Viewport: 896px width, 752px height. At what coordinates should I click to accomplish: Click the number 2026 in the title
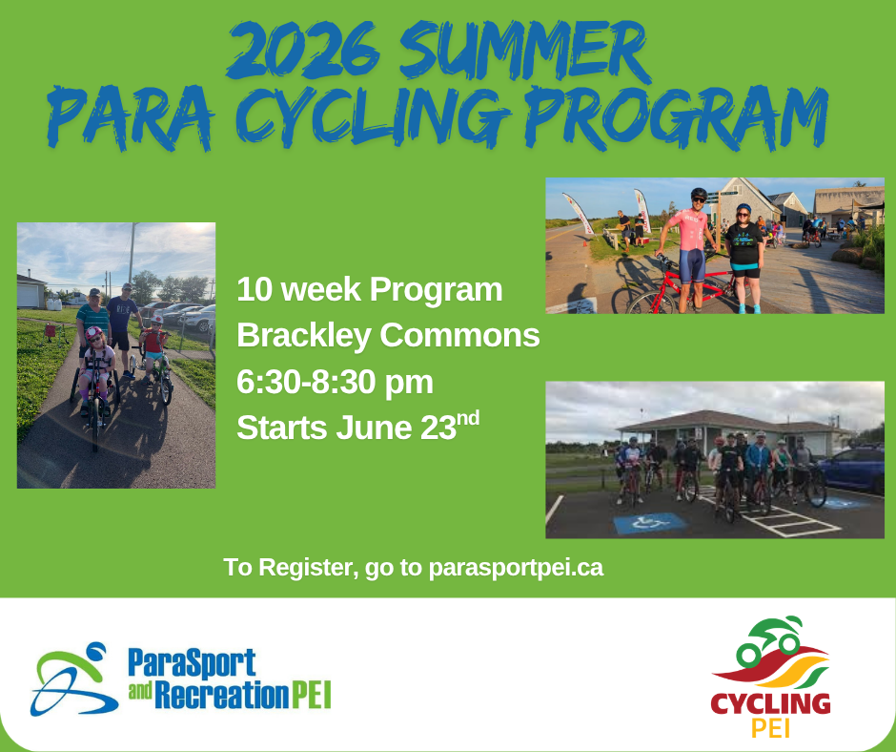click(x=303, y=52)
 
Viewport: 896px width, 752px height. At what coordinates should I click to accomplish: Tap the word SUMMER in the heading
click(x=523, y=52)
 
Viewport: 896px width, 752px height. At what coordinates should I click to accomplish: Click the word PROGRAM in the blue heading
click(x=677, y=117)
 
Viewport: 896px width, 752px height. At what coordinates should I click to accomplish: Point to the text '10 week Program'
click(x=369, y=289)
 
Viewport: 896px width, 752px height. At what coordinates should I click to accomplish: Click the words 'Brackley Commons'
click(x=388, y=335)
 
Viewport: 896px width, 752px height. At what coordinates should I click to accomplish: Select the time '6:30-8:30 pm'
click(x=335, y=383)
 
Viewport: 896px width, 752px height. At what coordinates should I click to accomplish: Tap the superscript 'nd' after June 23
click(x=468, y=418)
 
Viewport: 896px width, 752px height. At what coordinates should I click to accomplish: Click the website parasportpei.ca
click(x=516, y=568)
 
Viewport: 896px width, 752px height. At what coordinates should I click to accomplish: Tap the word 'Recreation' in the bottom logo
click(x=222, y=696)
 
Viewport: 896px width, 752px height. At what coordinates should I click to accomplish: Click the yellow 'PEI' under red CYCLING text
click(x=771, y=727)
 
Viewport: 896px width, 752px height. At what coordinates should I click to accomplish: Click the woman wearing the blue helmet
click(x=744, y=258)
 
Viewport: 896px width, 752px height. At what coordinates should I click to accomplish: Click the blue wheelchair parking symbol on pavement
click(x=650, y=523)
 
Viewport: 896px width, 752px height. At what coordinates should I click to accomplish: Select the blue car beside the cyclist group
click(x=851, y=470)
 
